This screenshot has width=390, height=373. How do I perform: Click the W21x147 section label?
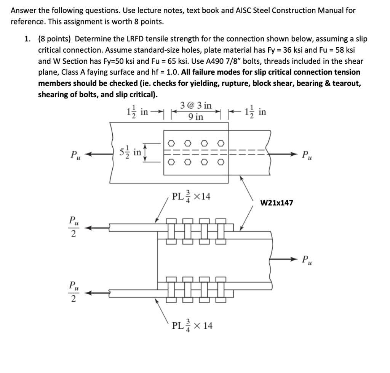point(277,203)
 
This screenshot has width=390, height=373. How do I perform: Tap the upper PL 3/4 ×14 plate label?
point(192,197)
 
